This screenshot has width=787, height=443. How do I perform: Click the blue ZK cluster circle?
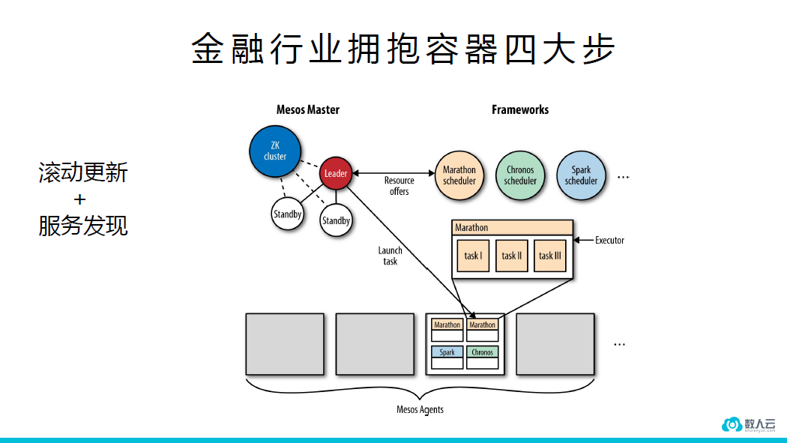[x=275, y=151]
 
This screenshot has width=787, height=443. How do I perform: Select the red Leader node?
[x=336, y=173]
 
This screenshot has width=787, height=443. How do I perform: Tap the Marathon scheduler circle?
[x=459, y=175]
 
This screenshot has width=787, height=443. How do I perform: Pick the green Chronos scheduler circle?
[x=520, y=175]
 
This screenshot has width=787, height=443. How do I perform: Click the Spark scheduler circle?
[x=581, y=175]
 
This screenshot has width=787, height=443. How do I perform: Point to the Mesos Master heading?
[x=307, y=109]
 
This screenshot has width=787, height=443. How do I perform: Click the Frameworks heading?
[x=520, y=109]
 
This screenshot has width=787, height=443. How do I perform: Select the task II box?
[x=512, y=256]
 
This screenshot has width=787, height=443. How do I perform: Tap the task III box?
[x=549, y=256]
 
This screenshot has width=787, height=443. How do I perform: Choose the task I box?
[x=473, y=256]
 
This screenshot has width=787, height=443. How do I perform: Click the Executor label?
[x=609, y=240]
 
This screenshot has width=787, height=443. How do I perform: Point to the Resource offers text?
[x=399, y=186]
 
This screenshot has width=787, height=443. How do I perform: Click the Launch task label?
[x=390, y=256]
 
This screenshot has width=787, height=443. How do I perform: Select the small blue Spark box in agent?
[x=447, y=352]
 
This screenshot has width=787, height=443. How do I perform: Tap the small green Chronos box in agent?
[x=482, y=352]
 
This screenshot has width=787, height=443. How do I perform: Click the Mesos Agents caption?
[x=420, y=409]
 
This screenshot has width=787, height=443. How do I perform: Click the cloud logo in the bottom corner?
[x=731, y=424]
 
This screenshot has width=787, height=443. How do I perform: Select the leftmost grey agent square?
[x=285, y=344]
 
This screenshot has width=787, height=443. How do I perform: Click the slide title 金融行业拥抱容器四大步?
[x=402, y=50]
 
